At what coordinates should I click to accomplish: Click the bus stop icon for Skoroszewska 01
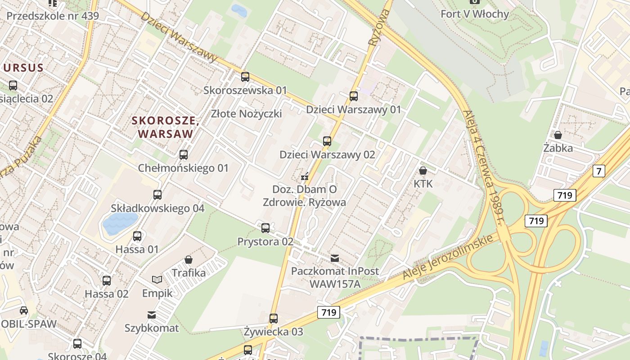pyautogui.click(x=245, y=77)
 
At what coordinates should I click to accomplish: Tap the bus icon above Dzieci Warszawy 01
pyautogui.click(x=354, y=96)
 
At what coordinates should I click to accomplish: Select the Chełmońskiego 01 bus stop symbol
pyautogui.click(x=183, y=155)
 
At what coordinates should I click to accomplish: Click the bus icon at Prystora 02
pyautogui.click(x=265, y=228)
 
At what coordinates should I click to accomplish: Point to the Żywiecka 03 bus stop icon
pyautogui.click(x=273, y=319)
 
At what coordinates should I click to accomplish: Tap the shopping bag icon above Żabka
pyautogui.click(x=558, y=135)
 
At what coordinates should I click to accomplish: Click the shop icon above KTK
pyautogui.click(x=423, y=171)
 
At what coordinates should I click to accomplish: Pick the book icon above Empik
pyautogui.click(x=157, y=280)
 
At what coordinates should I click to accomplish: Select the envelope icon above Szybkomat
pyautogui.click(x=152, y=315)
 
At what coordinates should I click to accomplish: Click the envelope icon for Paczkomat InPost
pyautogui.click(x=335, y=258)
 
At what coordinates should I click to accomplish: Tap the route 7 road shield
pyautogui.click(x=598, y=171)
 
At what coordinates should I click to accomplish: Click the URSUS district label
pyautogui.click(x=23, y=68)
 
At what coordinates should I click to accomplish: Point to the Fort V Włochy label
pyautogui.click(x=475, y=14)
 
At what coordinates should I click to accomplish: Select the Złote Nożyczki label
pyautogui.click(x=247, y=113)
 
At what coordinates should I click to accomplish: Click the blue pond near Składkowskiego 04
pyautogui.click(x=120, y=224)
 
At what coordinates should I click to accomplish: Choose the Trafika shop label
pyautogui.click(x=189, y=273)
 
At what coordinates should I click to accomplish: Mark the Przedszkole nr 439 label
pyautogui.click(x=53, y=16)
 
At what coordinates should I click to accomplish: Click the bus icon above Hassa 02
pyautogui.click(x=106, y=281)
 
